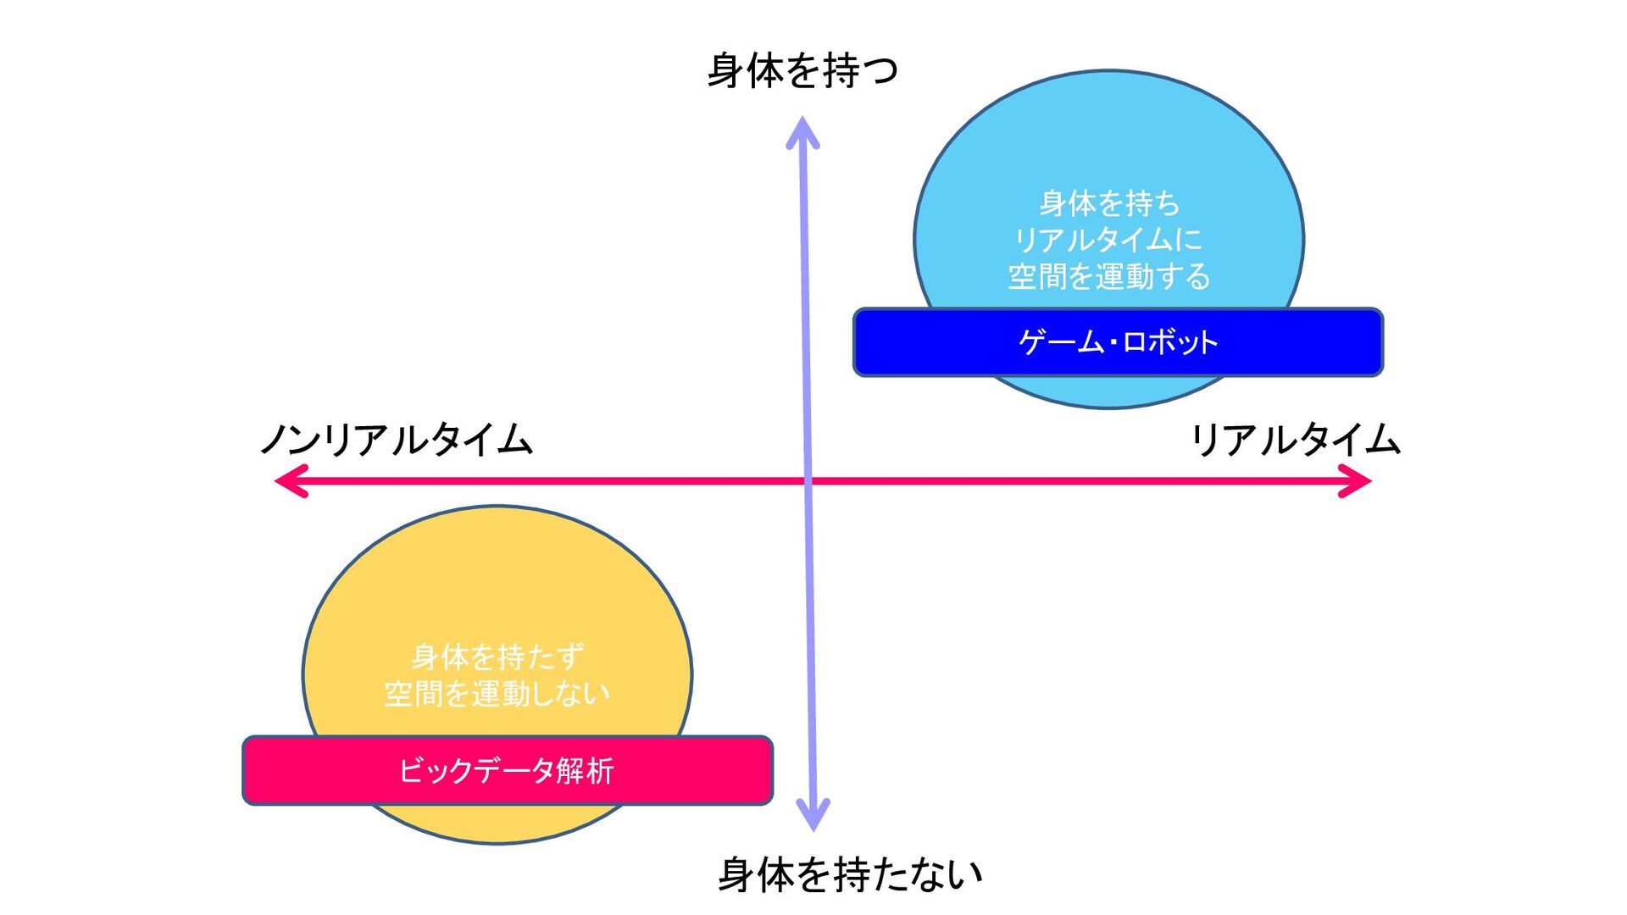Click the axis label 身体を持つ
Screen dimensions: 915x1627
pyautogui.click(x=802, y=70)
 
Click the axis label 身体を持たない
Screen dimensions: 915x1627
pyautogui.click(x=849, y=874)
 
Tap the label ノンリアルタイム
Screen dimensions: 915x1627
pyautogui.click(x=396, y=440)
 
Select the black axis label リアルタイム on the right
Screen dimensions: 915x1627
pyautogui.click(x=1295, y=440)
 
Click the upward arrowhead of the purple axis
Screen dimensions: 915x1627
pyautogui.click(x=802, y=131)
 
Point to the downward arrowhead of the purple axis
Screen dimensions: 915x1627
pyautogui.click(x=813, y=815)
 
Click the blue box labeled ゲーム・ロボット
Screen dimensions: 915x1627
pyautogui.click(x=1118, y=342)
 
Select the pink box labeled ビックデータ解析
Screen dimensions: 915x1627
pyautogui.click(x=507, y=770)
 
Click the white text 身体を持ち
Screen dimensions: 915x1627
pyautogui.click(x=1109, y=203)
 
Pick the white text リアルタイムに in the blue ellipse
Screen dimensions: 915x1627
pyautogui.click(x=1108, y=240)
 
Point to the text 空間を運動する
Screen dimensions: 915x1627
pyautogui.click(x=1108, y=276)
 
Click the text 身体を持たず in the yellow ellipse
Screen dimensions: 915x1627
pyautogui.click(x=497, y=657)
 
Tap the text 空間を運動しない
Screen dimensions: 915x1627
pyautogui.click(x=497, y=694)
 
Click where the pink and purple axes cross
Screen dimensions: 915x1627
pyautogui.click(x=808, y=481)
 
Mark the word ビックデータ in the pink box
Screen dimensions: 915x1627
pyautogui.click(x=476, y=771)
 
